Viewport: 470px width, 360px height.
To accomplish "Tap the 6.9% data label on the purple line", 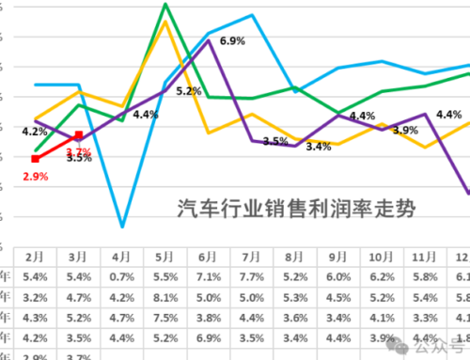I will coord(232,41).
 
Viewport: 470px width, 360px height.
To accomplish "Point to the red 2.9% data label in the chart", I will coord(36,177).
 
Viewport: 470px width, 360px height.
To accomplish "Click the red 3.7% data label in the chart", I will coord(78,151).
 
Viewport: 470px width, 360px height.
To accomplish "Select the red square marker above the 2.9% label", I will coord(35,159).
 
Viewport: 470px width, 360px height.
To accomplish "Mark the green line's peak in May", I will coord(165,5).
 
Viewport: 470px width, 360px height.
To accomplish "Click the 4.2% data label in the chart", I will coord(35,132).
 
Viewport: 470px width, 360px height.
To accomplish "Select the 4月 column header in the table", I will coord(120,257).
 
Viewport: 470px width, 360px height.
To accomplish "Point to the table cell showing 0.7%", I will coord(120,276).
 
